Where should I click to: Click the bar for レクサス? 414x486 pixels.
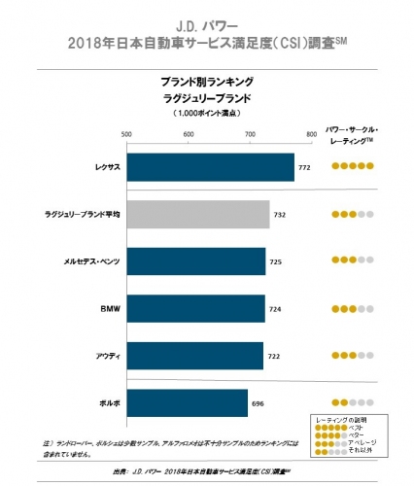click(x=210, y=167)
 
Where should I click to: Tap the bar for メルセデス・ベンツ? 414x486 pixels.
click(x=195, y=260)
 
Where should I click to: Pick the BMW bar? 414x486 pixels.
click(x=194, y=308)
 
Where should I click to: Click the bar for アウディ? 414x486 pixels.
click(x=194, y=355)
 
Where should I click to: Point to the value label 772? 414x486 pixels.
click(x=304, y=167)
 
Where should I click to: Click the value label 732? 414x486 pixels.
click(x=280, y=214)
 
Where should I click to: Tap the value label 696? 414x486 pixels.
click(x=258, y=401)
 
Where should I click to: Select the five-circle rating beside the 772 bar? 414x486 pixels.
click(x=353, y=167)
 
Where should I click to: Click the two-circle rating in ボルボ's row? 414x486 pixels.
click(x=353, y=401)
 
